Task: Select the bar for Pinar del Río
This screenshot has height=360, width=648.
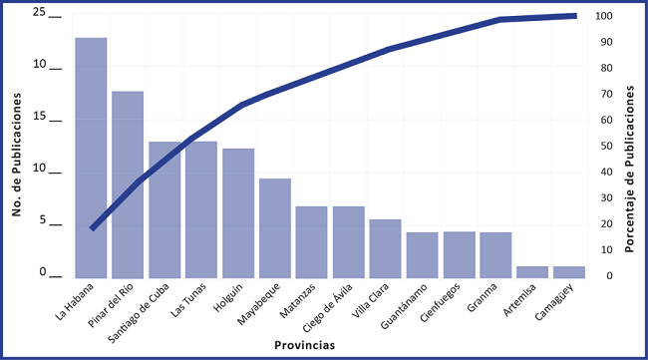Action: point(128,184)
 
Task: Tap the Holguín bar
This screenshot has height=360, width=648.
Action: point(238,212)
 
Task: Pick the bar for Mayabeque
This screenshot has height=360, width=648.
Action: point(275,227)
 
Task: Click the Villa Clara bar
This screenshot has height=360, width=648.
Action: point(385,248)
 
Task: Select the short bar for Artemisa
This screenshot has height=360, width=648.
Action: point(532,271)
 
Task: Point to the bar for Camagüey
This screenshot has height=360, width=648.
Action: point(569,271)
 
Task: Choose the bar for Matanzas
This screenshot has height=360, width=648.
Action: point(311,241)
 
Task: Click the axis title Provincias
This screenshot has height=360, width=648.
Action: point(304,345)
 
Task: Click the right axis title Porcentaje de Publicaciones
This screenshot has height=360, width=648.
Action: point(631,168)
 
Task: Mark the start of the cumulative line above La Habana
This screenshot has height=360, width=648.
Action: point(92,228)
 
